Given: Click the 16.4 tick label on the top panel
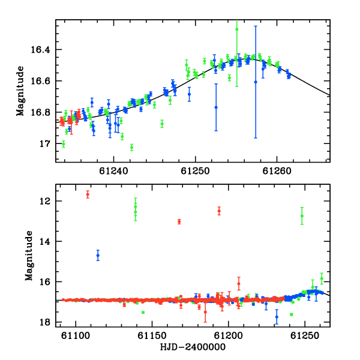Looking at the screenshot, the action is coord(40,49).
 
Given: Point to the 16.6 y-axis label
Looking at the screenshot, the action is coord(40,81).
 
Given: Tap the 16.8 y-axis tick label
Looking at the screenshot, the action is coord(40,112).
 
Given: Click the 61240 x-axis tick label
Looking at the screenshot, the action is coord(113,171).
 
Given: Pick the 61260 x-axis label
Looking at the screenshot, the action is coord(277,171).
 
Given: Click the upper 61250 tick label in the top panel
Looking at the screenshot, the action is coord(195,171).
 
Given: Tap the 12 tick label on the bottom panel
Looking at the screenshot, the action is coord(45,201).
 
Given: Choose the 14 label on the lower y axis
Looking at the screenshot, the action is coord(45,241).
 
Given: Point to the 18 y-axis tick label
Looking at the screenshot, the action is coord(45,322).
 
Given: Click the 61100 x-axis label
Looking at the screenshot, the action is coord(76,335).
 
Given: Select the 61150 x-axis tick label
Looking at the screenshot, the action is coord(152,335).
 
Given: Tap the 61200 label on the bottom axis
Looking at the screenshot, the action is coord(228,335).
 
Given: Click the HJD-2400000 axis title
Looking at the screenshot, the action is coord(193,347).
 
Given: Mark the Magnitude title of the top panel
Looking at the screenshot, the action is coord(20,91).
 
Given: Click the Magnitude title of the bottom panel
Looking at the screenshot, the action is coord(29,256).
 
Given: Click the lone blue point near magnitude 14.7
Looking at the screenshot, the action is coord(98,256).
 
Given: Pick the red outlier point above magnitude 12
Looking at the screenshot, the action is coord(88,194).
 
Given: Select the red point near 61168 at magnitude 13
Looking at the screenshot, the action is coord(179,221).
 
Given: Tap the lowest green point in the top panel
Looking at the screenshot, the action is coord(131,147).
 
